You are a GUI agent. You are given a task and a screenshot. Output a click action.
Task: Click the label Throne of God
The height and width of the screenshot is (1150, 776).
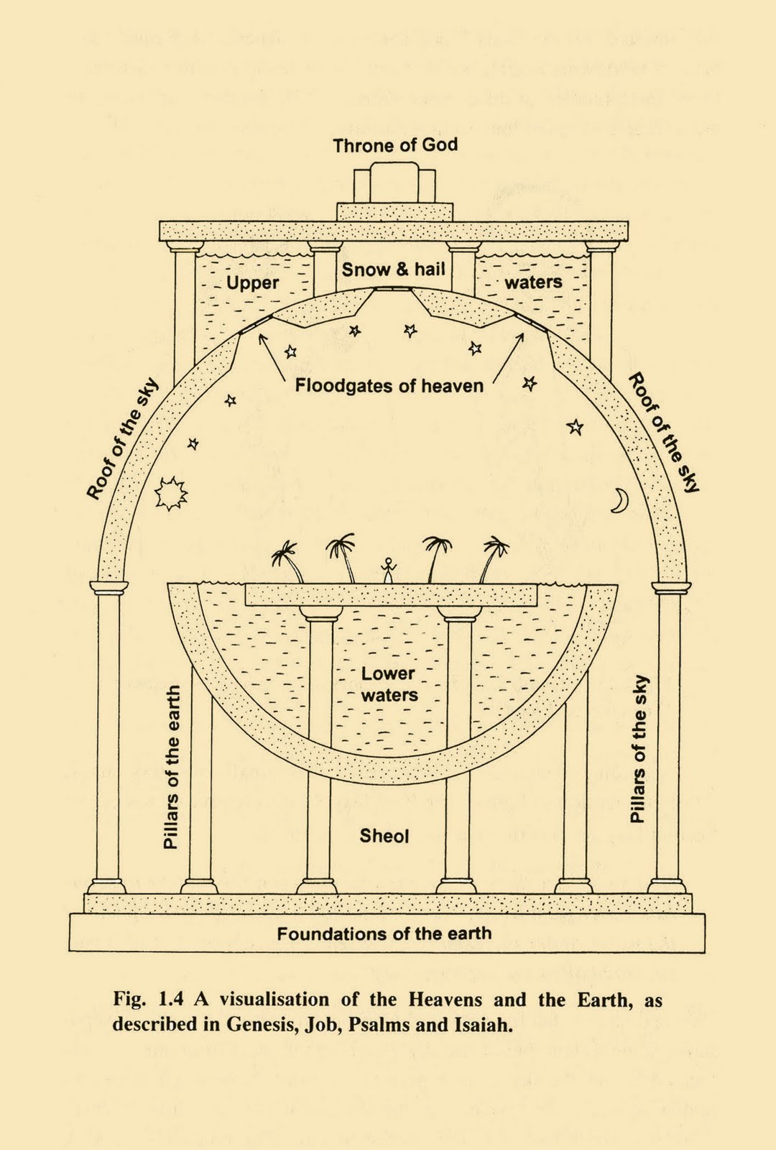point(394,145)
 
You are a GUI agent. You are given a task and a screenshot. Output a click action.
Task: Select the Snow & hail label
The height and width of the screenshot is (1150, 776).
point(393,270)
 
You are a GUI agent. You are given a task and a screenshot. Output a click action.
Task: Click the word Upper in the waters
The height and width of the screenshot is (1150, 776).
point(252,282)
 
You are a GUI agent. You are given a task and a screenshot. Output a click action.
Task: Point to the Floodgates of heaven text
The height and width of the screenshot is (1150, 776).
point(389,386)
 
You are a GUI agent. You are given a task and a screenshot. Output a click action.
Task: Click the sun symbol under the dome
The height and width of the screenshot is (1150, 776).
point(171,494)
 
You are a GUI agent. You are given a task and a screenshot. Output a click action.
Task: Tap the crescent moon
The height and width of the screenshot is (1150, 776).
point(619,500)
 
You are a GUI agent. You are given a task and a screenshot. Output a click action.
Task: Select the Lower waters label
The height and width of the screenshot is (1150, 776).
point(389,684)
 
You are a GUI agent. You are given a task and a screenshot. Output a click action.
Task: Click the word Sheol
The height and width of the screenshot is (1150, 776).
point(384,836)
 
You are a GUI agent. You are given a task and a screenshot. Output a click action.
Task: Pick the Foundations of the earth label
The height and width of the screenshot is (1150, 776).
point(384,934)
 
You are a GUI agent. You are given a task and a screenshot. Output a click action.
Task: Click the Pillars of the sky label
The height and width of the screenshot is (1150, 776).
point(638,749)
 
